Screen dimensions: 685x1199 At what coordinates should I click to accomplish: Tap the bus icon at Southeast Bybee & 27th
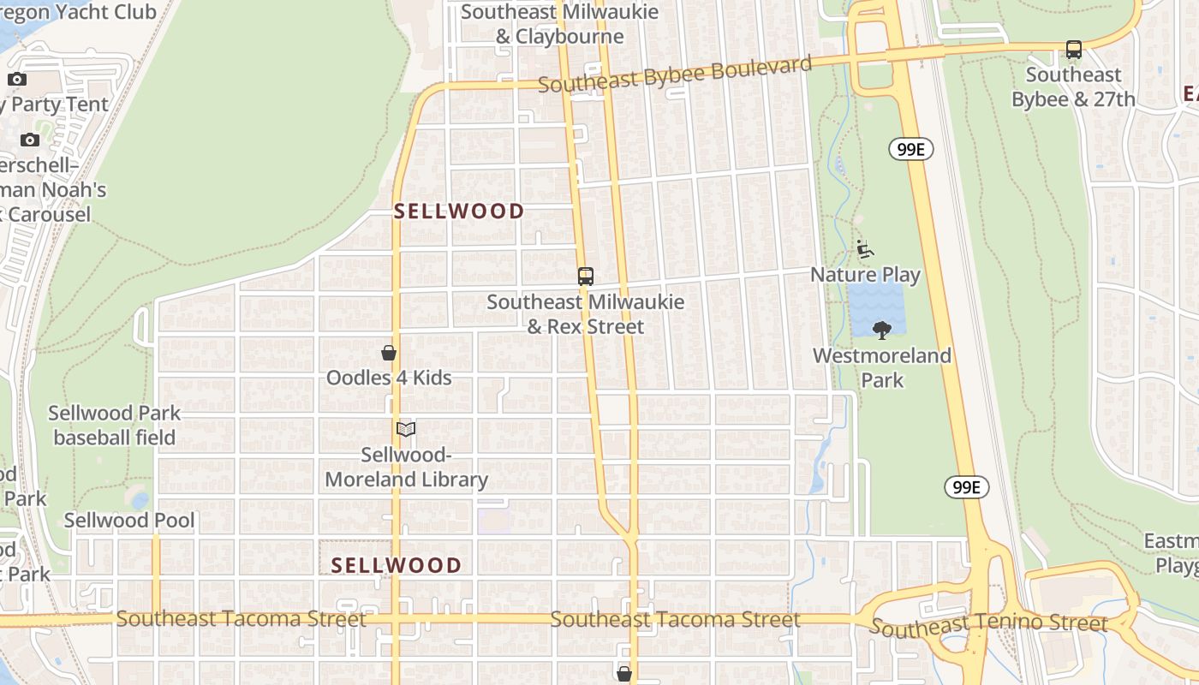[1074, 50]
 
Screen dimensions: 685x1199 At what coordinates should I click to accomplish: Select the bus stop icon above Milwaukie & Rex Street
[586, 277]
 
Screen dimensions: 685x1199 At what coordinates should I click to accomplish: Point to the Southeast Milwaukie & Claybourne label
[560, 25]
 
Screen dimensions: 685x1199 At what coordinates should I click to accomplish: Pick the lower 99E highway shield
[967, 487]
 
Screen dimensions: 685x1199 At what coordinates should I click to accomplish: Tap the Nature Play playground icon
[865, 249]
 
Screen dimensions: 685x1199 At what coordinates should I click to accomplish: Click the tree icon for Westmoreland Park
[881, 330]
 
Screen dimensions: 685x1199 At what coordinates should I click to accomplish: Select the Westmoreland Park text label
[882, 366]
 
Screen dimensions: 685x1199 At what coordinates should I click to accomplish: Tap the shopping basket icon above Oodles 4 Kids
[389, 353]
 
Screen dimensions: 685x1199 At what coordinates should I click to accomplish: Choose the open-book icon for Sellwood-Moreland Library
[406, 430]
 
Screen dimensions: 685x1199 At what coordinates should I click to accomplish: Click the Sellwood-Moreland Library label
[406, 468]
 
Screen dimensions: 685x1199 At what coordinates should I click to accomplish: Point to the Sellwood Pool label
[129, 521]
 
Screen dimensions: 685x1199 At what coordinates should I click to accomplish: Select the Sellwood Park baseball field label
[115, 426]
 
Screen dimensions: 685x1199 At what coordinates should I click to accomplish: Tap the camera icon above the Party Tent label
[17, 80]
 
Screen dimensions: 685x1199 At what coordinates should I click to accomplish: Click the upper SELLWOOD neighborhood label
[459, 211]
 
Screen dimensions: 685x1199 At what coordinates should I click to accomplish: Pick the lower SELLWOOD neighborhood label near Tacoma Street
[397, 565]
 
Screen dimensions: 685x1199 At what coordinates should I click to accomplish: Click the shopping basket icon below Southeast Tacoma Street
[624, 674]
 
